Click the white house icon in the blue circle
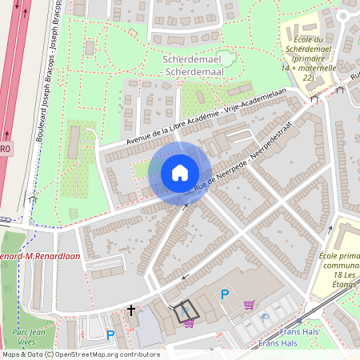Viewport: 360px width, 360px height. (179, 172)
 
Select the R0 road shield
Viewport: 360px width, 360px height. (5, 149)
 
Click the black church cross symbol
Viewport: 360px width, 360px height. (131, 310)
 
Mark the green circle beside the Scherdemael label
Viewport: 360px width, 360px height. (227, 58)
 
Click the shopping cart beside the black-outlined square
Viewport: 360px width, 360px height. (190, 323)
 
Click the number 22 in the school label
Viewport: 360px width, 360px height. (306, 78)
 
